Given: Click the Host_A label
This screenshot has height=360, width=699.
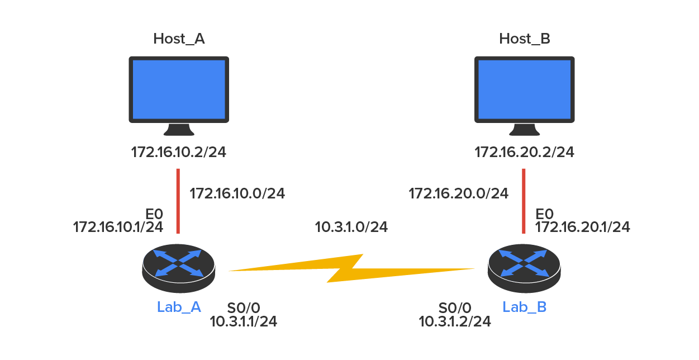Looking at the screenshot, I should (178, 39).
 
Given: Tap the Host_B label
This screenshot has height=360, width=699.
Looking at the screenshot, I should (524, 39).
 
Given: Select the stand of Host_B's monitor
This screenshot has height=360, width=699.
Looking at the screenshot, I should (524, 130).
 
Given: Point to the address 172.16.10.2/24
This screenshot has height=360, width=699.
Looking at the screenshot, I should (178, 152).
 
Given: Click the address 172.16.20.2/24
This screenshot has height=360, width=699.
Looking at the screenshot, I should (524, 152).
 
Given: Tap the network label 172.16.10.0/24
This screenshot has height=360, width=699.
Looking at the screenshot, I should (237, 194).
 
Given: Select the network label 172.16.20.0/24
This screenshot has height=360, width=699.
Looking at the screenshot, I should (458, 194).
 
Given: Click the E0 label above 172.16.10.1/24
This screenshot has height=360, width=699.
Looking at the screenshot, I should (154, 215).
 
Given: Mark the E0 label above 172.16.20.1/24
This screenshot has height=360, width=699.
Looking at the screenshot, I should (544, 215).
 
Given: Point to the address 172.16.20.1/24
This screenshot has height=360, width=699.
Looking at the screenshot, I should (582, 227).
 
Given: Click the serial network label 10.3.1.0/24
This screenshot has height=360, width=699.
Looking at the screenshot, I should (351, 227).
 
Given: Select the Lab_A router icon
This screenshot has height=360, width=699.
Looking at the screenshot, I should (178, 269).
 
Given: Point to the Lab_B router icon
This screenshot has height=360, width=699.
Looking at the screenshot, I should (524, 269).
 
